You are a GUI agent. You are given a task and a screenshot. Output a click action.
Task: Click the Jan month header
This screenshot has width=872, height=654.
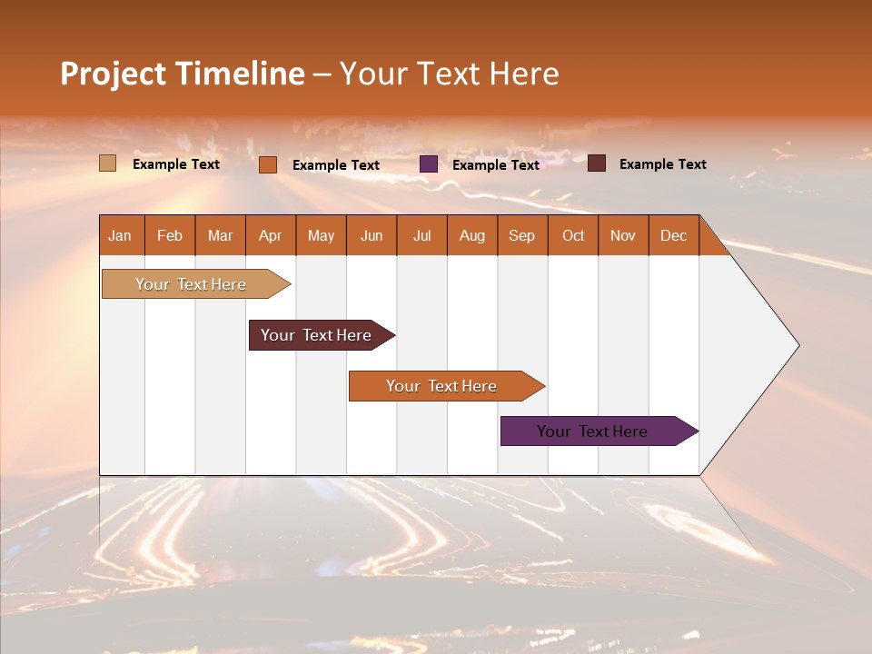pos(121,235)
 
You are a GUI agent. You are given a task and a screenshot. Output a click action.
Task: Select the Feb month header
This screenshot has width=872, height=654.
pos(170,235)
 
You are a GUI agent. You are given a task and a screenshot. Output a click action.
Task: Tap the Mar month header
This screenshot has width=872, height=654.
pos(220,235)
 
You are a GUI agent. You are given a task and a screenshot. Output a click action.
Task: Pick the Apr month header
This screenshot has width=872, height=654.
pos(271,235)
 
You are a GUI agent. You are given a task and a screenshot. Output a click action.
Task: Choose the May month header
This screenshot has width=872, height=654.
pos(321,235)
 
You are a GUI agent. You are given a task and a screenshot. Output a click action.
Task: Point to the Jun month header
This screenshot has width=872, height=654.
pos(372,235)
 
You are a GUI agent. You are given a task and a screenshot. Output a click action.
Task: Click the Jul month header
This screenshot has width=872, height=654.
pos(421,235)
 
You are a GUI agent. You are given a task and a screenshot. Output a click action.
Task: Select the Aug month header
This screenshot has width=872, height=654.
pos(472,235)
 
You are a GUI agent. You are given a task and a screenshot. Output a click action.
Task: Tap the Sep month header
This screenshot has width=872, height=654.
pos(522,235)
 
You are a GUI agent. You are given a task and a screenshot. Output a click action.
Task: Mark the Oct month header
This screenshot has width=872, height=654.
pos(573,235)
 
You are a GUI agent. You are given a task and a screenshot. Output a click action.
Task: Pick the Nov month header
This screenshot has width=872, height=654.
pos(623,235)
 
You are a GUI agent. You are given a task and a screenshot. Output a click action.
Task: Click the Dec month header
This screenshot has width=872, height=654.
pos(674,235)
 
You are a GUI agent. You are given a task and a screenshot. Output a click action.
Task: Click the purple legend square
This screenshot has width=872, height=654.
pos(429,164)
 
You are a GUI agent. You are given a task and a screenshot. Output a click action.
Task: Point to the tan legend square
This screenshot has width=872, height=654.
pos(108,163)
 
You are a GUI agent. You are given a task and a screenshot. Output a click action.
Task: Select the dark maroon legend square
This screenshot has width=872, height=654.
pos(597,163)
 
